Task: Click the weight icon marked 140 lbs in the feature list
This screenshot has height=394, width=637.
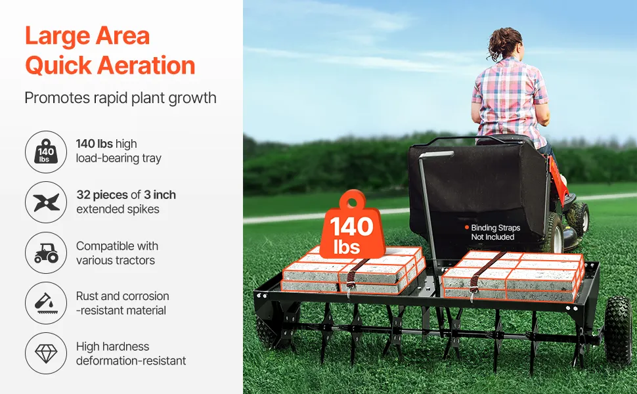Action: (46, 152)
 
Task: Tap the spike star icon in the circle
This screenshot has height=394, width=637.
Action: (47, 202)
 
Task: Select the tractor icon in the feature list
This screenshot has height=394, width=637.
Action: (46, 253)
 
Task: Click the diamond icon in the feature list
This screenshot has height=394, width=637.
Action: (46, 353)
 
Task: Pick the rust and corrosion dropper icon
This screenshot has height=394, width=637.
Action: (46, 303)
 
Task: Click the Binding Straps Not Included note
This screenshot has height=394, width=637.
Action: (493, 232)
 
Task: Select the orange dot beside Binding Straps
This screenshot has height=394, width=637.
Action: (467, 227)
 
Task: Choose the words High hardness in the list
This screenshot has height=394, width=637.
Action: (112, 347)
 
